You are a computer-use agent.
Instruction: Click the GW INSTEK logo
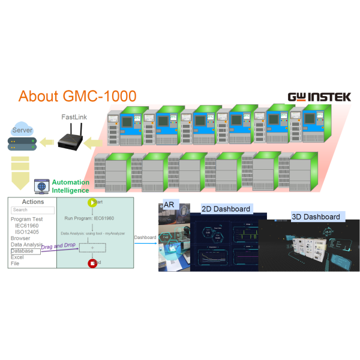point(319,97)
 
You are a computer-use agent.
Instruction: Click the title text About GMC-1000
point(77,96)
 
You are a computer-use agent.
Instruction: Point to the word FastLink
point(75,118)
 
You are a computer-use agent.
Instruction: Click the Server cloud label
point(23,130)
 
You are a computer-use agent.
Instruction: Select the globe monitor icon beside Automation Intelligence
point(41,186)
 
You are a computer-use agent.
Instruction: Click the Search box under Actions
point(32,210)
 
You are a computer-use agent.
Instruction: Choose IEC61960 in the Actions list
point(27,226)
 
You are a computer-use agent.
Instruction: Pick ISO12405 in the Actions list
point(27,232)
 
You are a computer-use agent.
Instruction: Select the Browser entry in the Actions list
point(20,238)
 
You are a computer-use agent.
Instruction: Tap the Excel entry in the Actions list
point(17,257)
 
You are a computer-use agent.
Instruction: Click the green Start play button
point(92,202)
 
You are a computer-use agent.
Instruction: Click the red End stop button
point(92,263)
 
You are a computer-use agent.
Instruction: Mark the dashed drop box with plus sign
point(92,247)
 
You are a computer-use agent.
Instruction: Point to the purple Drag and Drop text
point(63,246)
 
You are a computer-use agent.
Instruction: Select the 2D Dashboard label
point(225,209)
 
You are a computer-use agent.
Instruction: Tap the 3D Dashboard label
point(315,217)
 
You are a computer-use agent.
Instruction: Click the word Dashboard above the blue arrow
point(145,238)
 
